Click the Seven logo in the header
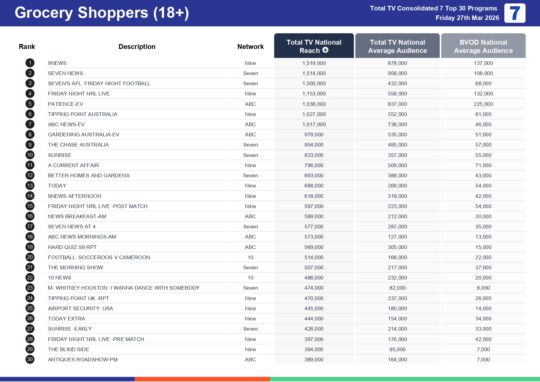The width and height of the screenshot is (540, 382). click(514, 13)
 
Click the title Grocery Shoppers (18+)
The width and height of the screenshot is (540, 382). click(102, 13)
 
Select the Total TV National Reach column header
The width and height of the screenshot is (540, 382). click(314, 46)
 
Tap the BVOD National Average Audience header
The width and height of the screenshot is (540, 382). click(483, 46)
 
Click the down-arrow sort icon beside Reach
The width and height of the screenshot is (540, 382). click(325, 50)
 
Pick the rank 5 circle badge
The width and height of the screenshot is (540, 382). click(30, 104)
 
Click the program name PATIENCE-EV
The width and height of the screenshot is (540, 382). click(66, 104)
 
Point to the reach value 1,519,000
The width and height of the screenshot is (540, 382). click(314, 63)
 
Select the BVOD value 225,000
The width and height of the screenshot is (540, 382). click(483, 104)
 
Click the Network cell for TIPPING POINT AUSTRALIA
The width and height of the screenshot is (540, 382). click(250, 114)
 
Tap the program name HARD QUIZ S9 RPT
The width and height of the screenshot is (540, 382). click(72, 247)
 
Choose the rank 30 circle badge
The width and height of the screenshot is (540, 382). click(30, 359)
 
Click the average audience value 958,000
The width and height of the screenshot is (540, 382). click(397, 73)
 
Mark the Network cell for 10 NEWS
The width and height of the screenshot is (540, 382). click(250, 278)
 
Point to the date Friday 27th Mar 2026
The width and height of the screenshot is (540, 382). click(467, 18)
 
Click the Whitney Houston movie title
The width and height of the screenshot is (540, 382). click(124, 288)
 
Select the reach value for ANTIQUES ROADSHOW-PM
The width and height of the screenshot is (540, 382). click(314, 360)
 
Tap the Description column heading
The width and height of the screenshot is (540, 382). click(137, 46)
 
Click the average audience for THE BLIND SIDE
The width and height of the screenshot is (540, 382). click(397, 349)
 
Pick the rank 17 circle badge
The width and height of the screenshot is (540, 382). click(30, 226)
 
